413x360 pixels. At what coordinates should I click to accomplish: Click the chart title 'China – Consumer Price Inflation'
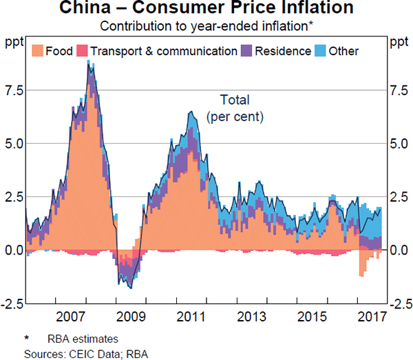(x=206, y=10)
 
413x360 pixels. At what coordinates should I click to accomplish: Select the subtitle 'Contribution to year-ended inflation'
(x=204, y=27)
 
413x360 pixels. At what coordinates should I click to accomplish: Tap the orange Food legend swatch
(x=37, y=51)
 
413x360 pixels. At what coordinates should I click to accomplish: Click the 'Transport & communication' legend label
(x=164, y=51)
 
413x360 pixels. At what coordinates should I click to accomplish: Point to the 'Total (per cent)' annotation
(x=235, y=108)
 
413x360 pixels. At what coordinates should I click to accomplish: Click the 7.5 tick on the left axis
(x=13, y=90)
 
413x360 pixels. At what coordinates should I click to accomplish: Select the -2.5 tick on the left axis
(x=12, y=303)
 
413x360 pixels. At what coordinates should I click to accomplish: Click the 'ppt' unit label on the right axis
(x=398, y=43)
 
